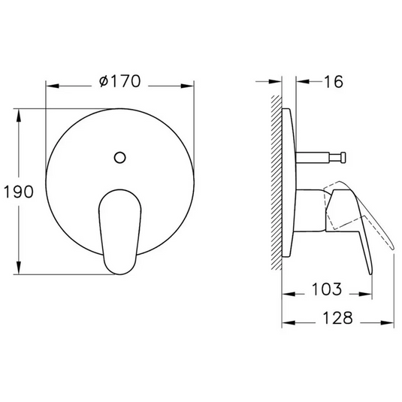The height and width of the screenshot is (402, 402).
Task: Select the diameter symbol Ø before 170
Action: click(104, 82)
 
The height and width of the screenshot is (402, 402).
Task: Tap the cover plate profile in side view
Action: click(289, 188)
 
